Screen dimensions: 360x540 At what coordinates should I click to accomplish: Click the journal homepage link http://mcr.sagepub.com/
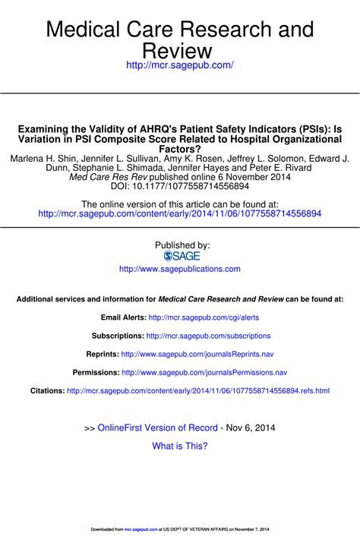[179, 67]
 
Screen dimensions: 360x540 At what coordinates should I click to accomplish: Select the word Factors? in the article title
[179, 151]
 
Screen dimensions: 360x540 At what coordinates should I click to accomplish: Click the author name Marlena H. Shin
[44, 159]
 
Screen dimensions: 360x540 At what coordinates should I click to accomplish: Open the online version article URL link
[179, 214]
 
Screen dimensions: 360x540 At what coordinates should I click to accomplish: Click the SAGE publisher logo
[180, 256]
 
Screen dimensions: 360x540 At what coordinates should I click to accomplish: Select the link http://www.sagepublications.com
[180, 269]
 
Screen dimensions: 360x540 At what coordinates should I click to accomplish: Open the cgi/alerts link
[204, 317]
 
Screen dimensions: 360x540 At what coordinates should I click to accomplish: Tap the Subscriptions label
[117, 335]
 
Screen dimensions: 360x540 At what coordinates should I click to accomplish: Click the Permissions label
[96, 372]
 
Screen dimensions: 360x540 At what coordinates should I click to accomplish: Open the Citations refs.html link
[198, 390]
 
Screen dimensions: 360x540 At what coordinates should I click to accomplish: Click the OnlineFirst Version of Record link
[157, 428]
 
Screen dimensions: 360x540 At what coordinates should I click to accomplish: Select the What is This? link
[180, 446]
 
